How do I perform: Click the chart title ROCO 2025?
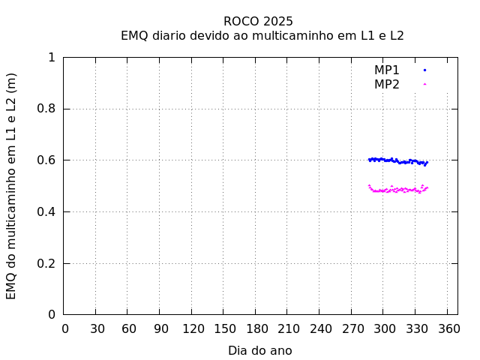click(x=258, y=21)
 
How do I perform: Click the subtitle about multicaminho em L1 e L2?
click(x=262, y=35)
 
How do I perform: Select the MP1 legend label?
click(x=387, y=70)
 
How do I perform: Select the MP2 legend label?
click(x=387, y=84)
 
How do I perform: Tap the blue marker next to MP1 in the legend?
click(x=424, y=70)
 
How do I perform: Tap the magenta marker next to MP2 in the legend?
click(x=424, y=84)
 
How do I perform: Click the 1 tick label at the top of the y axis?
click(x=51, y=58)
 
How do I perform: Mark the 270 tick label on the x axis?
click(x=352, y=328)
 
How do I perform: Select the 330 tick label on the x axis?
click(x=415, y=328)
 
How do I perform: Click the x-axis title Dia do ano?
click(x=260, y=350)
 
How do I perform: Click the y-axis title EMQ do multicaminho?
click(x=11, y=186)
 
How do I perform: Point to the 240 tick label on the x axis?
click(x=319, y=328)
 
